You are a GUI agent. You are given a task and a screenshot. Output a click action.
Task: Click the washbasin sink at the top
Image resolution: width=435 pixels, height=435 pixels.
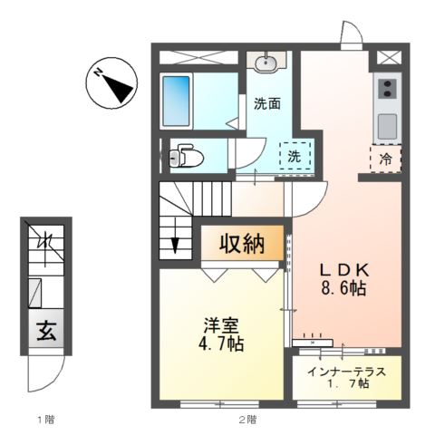pos(267,63)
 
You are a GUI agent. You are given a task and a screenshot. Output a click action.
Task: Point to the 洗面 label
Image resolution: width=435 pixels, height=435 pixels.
pos(266,103)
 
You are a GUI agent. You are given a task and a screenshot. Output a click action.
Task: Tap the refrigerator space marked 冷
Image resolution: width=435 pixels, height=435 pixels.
pos(387,157)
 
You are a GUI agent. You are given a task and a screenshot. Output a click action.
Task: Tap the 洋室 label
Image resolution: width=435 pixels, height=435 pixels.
pos(220,324)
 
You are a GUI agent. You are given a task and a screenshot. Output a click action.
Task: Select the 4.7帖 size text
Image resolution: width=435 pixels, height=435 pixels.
pos(221,344)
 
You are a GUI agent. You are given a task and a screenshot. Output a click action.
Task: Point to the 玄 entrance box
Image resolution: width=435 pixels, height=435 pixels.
pos(43,332)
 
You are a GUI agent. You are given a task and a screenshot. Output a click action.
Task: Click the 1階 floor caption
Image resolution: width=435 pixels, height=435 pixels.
pos(45,420)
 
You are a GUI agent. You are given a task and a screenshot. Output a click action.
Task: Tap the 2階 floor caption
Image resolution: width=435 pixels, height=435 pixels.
pos(246,420)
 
